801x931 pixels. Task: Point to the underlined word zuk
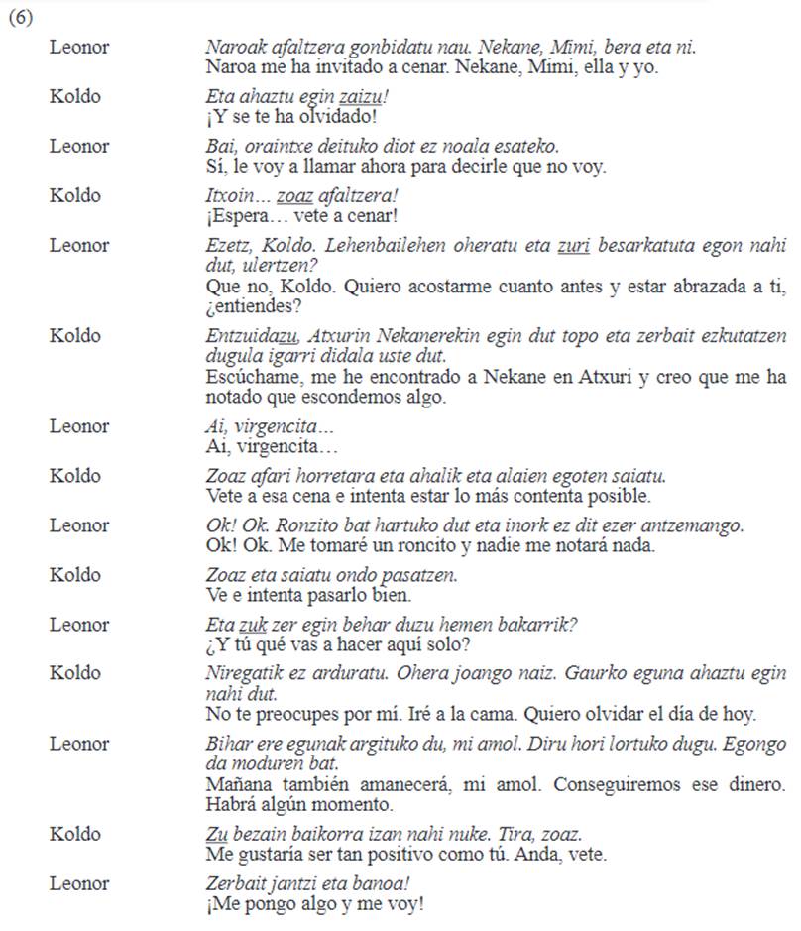254,625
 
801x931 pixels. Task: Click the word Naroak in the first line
231,48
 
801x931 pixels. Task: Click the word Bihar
226,744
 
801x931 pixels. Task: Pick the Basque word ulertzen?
243,265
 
